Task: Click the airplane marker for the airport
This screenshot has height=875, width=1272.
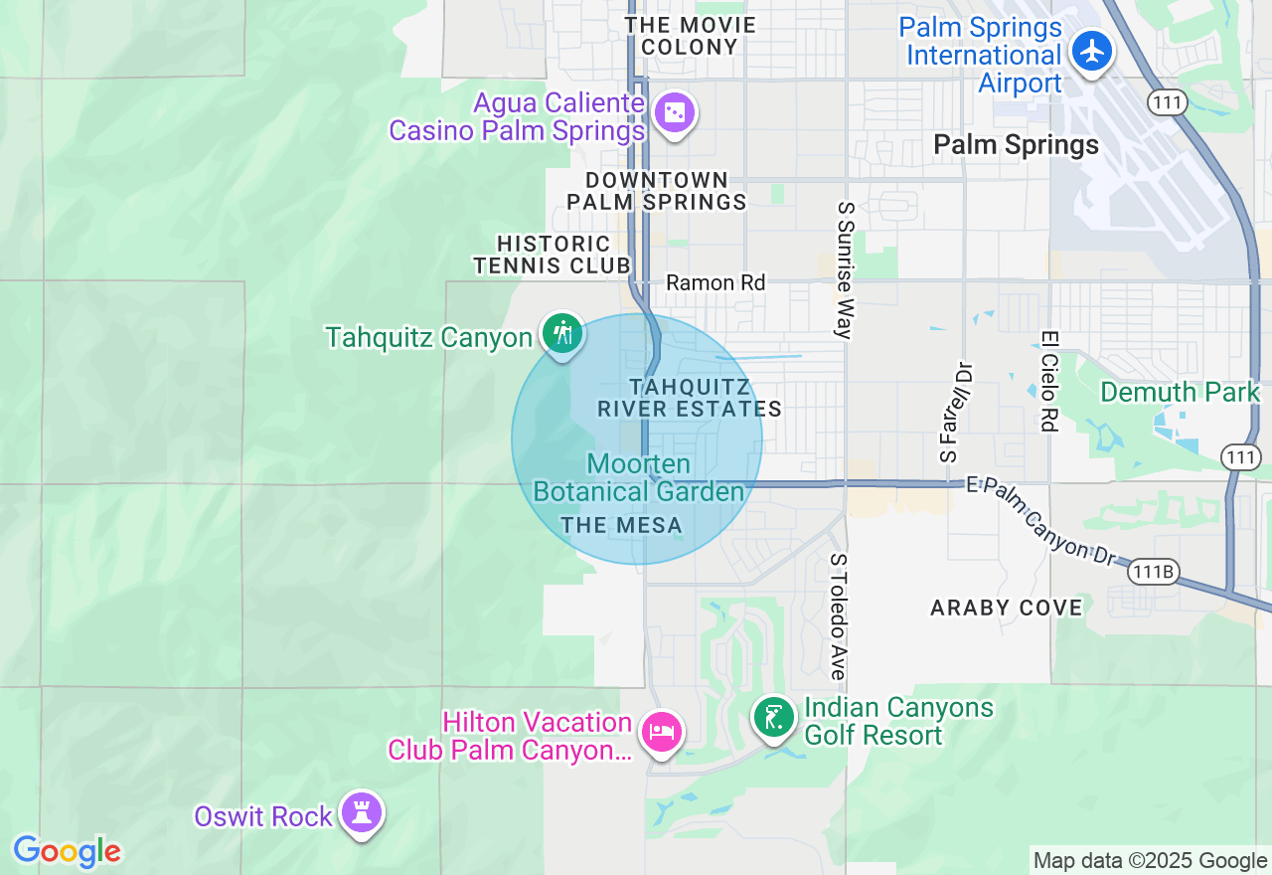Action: [1093, 51]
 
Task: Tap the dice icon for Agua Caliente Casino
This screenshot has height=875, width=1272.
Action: [675, 113]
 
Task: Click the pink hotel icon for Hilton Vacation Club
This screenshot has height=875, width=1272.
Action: [662, 734]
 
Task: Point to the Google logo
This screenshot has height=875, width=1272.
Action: [67, 852]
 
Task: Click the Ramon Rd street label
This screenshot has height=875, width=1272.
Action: [715, 283]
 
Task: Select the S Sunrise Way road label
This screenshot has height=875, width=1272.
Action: [846, 270]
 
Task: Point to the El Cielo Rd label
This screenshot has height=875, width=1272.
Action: [1047, 381]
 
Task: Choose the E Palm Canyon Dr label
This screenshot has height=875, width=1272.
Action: [1042, 521]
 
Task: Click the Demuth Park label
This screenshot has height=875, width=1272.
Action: [1180, 392]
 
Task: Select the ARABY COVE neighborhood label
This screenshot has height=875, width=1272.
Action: [1007, 608]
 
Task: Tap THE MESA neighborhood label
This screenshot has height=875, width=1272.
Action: [622, 526]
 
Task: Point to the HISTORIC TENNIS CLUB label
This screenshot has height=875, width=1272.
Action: [553, 255]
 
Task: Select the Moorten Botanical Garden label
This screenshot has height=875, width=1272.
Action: [639, 478]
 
